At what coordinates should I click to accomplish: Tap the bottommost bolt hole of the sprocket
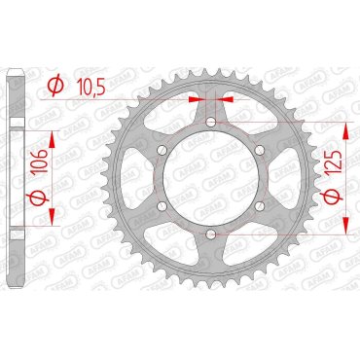pyautogui.click(x=212, y=234)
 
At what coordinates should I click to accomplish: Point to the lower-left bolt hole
pyautogui.click(x=162, y=206)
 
